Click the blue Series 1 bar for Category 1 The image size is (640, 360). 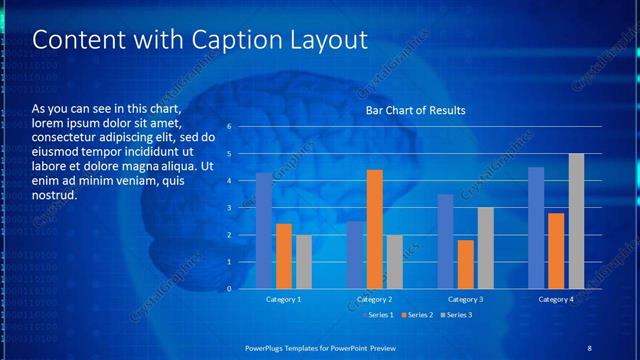[263, 231]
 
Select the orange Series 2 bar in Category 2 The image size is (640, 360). [375, 229]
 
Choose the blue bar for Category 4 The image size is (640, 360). [536, 228]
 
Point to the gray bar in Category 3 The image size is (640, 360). [485, 248]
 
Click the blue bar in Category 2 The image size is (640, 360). [355, 255]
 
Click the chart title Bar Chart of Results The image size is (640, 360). [415, 110]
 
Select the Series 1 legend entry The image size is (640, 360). [377, 315]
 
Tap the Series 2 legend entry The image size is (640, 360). [416, 315]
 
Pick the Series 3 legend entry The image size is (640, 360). [456, 315]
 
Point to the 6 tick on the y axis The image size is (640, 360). [230, 127]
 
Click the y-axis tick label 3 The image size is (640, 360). [230, 208]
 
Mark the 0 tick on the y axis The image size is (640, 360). [230, 289]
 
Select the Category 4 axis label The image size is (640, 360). [556, 299]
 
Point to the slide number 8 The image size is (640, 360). [589, 347]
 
